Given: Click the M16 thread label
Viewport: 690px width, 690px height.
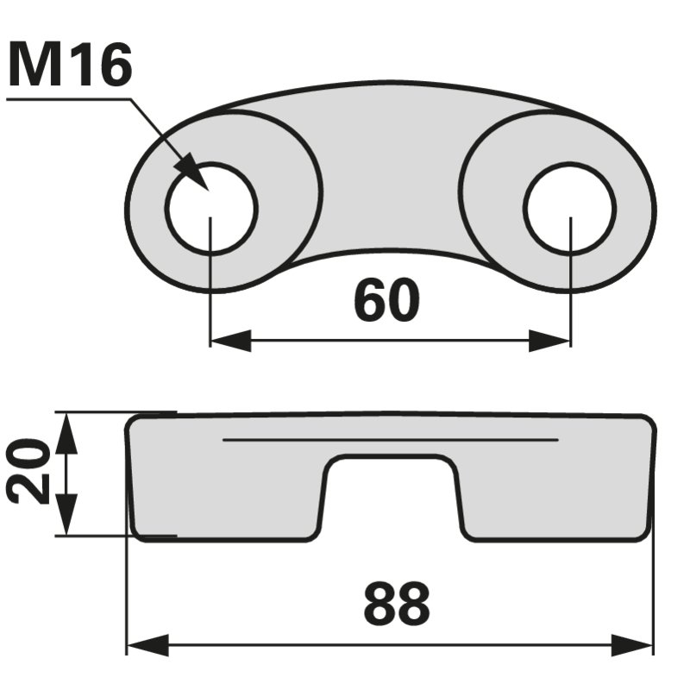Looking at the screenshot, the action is (x=70, y=65).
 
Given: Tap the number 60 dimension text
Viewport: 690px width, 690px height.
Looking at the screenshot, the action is (x=386, y=300).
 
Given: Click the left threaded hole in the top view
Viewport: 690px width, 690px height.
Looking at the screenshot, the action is (x=211, y=208).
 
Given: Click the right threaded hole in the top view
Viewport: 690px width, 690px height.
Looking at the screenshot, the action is (x=570, y=208).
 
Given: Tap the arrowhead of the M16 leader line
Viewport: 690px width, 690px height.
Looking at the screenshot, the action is (x=191, y=172).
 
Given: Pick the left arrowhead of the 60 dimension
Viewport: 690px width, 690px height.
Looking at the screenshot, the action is (x=230, y=341).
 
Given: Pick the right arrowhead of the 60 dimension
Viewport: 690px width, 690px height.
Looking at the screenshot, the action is (x=549, y=341).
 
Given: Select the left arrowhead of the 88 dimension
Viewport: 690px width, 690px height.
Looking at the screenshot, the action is (x=147, y=645).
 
